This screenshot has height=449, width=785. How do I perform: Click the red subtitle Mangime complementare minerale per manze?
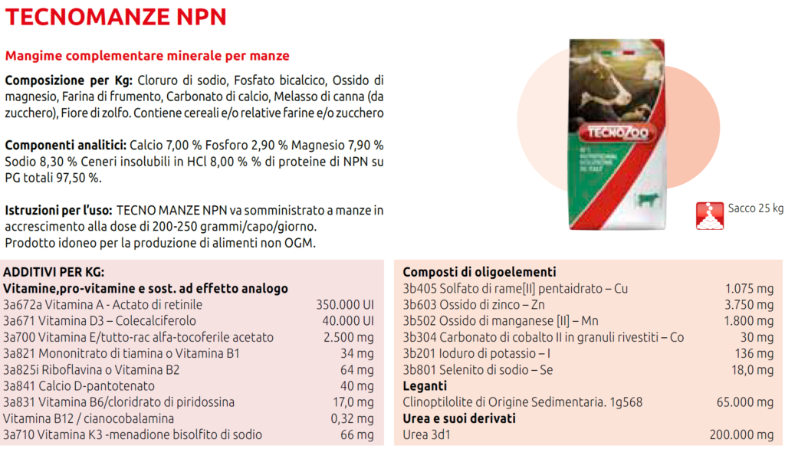tap(147, 56)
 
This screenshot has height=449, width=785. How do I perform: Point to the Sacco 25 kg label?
tap(755, 208)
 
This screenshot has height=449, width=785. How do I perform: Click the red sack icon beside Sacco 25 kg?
tap(710, 216)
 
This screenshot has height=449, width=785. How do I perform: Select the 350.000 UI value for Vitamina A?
tap(344, 304)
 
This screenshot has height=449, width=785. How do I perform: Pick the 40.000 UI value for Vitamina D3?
tap(347, 320)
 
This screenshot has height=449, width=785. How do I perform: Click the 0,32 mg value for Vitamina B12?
tap(350, 418)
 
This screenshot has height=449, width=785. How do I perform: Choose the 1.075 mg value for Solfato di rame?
tap(749, 288)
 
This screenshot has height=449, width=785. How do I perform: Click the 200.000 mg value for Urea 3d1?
tap(741, 434)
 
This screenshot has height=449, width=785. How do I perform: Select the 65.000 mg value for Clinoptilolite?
tap(744, 402)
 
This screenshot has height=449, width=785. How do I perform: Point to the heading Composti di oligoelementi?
tap(479, 272)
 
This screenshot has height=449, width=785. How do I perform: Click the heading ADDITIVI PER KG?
tap(54, 272)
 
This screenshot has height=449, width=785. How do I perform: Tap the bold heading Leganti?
tap(425, 386)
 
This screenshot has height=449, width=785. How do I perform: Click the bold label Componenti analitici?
tap(65, 145)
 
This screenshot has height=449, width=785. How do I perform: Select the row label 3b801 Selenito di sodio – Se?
tap(478, 370)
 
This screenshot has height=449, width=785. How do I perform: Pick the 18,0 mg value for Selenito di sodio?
tap(754, 370)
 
